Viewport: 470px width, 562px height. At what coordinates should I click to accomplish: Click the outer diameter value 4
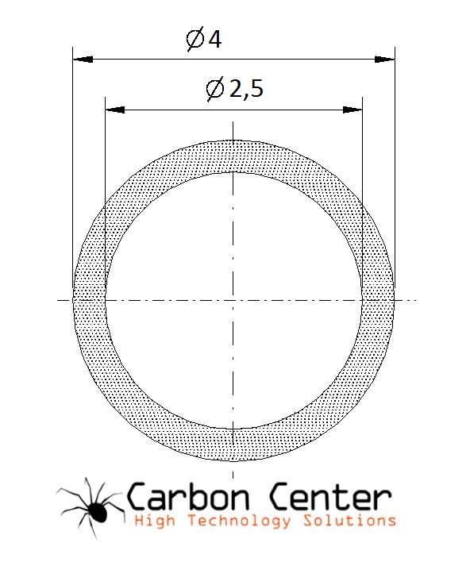pos(215,39)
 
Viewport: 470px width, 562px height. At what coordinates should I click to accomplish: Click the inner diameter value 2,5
pos(246,89)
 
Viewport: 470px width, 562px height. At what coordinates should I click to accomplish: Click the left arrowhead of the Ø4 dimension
pos(83,60)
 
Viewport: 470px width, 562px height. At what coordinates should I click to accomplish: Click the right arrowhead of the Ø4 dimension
pos(385,60)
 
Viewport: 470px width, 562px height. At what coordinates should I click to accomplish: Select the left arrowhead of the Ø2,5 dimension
pos(115,110)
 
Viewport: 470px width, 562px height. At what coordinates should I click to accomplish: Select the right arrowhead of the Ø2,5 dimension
pos(352,110)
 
